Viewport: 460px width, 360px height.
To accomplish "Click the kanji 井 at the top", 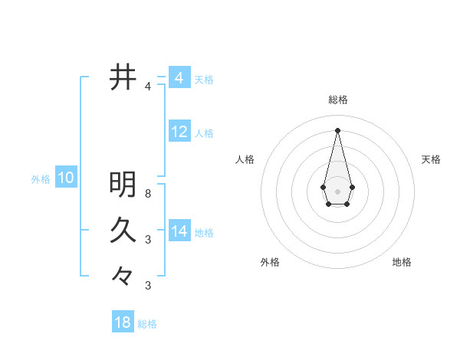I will pos(123,77).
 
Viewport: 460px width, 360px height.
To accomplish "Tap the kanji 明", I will pos(123,185).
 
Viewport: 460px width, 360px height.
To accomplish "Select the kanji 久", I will pos(123,229).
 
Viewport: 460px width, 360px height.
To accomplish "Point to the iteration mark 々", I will pos(123,275).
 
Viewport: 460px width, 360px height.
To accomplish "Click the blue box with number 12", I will pos(179,132).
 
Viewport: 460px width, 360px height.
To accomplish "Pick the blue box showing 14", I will pos(179,231).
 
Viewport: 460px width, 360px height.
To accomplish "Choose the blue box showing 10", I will pos(66,178).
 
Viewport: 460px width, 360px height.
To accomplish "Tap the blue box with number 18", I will pos(123,322).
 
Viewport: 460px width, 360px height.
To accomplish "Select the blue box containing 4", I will pos(179,78).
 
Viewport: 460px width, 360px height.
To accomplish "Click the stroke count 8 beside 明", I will pos(148,194).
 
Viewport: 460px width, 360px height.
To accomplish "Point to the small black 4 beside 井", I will pos(148,87).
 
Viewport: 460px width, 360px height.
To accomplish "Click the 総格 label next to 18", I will pos(147,324).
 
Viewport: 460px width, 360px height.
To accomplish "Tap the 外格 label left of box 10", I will pos(41,179).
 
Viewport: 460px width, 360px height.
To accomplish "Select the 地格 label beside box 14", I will pos(204,232).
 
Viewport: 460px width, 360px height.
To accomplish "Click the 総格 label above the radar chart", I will pos(338,100).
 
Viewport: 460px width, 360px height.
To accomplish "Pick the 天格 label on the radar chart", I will pos(431,159).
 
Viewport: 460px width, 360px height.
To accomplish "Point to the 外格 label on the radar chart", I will pos(270,262).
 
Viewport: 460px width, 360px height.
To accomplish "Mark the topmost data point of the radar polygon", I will pos(338,129).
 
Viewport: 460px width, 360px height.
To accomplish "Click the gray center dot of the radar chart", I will pos(338,191).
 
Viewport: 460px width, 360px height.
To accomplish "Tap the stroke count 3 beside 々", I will pos(148,286).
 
